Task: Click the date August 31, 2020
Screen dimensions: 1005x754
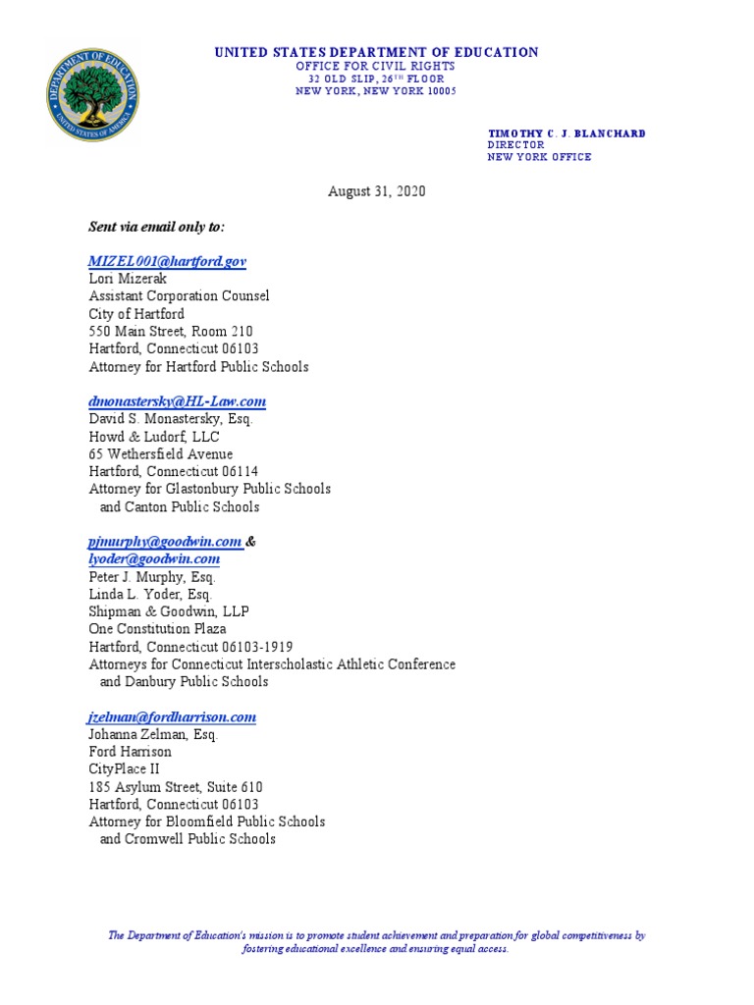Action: [x=376, y=192]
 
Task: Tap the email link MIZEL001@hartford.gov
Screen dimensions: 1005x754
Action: [x=167, y=261]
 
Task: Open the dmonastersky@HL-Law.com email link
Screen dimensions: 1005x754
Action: [x=177, y=401]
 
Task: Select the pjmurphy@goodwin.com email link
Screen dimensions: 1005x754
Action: [x=165, y=542]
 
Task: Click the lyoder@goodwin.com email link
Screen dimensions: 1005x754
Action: [x=154, y=558]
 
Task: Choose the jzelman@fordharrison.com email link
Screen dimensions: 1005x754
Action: [x=172, y=716]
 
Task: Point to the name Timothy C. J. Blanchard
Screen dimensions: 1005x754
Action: [x=566, y=133]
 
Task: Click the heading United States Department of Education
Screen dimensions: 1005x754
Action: [x=376, y=52]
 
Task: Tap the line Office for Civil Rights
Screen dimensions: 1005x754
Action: [x=376, y=66]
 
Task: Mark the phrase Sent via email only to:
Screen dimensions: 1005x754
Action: [x=156, y=227]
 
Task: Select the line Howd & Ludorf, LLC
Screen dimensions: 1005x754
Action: [x=154, y=437]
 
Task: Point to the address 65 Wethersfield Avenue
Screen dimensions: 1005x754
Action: [x=161, y=454]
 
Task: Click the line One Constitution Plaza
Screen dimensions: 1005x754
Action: [x=157, y=629]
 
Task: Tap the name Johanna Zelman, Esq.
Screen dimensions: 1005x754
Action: [x=153, y=734]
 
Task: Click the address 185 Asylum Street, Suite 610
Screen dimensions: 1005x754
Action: [x=176, y=787]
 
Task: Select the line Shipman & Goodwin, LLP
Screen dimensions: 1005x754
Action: [x=169, y=611]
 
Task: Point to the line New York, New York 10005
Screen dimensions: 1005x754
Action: [x=376, y=91]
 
